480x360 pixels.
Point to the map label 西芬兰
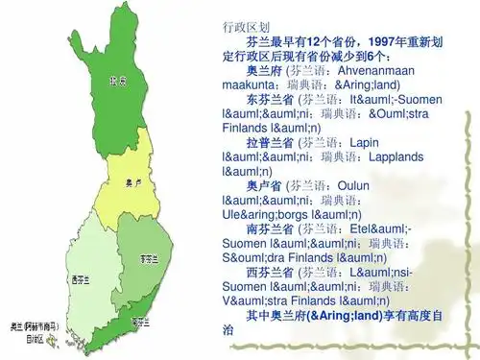[x=80, y=279]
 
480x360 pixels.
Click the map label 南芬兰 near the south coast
[x=141, y=320]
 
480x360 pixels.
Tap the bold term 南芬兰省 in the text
[x=271, y=229]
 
